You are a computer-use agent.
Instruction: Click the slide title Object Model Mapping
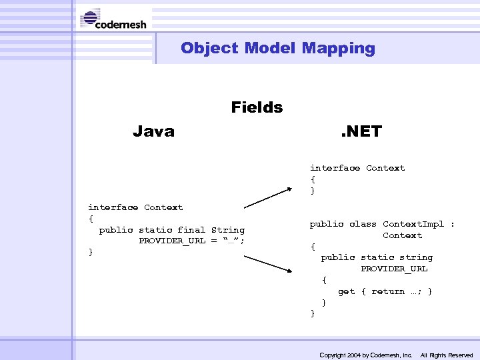click(277, 48)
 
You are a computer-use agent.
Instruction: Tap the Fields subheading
click(257, 107)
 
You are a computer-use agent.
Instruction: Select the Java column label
click(153, 131)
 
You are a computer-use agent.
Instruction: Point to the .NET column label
click(361, 131)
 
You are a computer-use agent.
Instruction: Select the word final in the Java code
click(191, 230)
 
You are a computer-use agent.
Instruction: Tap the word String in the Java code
click(228, 230)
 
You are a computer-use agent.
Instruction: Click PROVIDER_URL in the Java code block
click(172, 241)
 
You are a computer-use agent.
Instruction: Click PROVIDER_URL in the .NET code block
click(394, 269)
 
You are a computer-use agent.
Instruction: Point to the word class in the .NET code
click(363, 224)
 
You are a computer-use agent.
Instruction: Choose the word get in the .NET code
click(346, 291)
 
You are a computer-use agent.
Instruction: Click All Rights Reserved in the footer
click(447, 355)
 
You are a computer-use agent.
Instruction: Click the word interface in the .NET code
click(335, 168)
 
